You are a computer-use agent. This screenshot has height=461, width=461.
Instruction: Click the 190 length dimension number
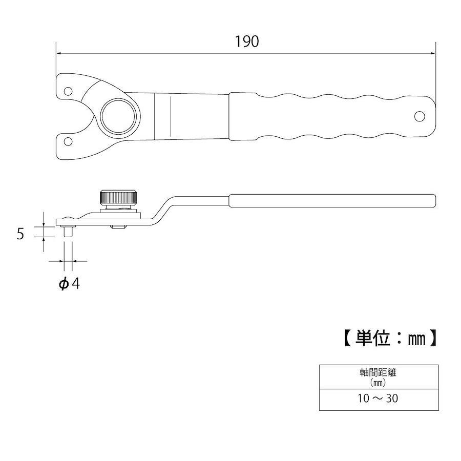coord(247,41)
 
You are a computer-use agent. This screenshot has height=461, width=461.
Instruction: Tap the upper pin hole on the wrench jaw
coord(68,91)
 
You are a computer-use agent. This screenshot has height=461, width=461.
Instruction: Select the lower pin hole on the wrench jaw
coord(68,141)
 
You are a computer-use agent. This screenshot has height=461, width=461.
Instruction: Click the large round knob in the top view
coord(118,116)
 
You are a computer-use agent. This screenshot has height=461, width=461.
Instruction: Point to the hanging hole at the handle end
coord(420,116)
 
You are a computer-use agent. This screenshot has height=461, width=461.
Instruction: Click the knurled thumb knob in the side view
coord(118,198)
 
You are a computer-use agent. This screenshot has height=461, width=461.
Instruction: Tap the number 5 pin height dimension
coord(20,234)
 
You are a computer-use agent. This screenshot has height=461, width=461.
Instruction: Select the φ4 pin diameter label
coord(69,284)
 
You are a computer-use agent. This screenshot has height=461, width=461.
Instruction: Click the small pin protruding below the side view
coord(68,231)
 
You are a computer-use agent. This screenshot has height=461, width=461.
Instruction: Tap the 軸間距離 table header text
coord(378,373)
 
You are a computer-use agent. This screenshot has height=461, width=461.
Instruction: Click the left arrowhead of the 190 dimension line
coord(58,53)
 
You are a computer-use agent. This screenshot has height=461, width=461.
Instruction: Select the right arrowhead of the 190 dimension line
coord(433,53)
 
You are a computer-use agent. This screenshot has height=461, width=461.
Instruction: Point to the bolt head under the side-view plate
coord(118,227)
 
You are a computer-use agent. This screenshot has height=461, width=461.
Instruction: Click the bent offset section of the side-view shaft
coord(161,210)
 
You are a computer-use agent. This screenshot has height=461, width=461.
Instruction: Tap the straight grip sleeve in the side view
coord(332,201)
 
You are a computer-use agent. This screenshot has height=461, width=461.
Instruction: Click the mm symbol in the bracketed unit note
coord(416,339)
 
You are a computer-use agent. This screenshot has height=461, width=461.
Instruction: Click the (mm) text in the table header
coord(378,383)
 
